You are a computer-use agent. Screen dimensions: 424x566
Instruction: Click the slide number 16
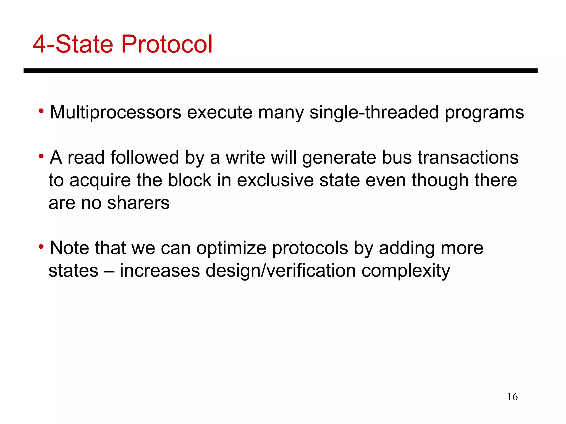pyautogui.click(x=512, y=397)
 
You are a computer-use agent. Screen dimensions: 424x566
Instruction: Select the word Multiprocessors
pyautogui.click(x=116, y=112)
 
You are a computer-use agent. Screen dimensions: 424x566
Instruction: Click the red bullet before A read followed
pyautogui.click(x=41, y=157)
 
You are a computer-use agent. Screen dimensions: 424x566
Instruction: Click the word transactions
pyautogui.click(x=468, y=158)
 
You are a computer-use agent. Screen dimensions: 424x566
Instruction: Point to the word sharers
pyautogui.click(x=138, y=203)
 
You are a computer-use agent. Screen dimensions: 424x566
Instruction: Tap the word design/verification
pyautogui.click(x=281, y=271)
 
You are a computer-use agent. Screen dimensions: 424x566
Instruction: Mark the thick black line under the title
pyautogui.click(x=281, y=71)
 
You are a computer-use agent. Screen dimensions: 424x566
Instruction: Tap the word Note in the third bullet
pyautogui.click(x=69, y=248)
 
